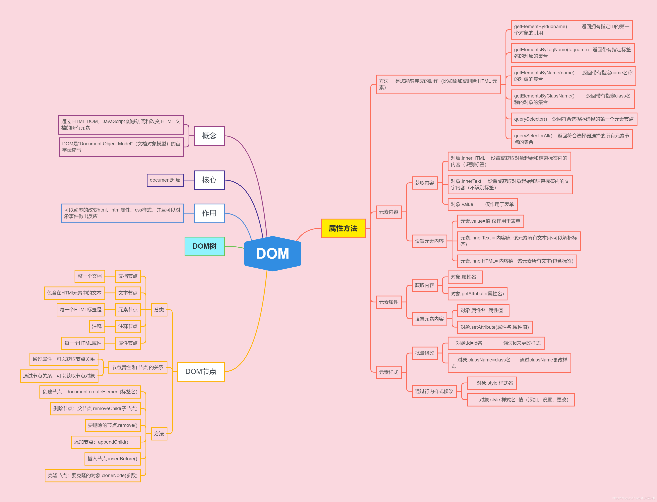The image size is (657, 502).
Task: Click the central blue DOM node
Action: [272, 254]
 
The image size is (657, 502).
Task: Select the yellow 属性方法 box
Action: [343, 228]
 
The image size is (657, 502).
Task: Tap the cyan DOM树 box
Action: [205, 246]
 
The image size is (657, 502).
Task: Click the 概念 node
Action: [209, 136]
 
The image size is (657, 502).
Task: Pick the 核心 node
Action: [209, 180]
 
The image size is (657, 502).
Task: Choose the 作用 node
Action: [209, 213]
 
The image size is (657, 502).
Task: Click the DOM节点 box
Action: [201, 372]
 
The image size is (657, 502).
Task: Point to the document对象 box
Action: [165, 180]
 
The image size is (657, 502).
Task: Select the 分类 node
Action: [159, 310]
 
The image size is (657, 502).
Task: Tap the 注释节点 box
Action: [128, 326]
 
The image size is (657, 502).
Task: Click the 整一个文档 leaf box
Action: [90, 276]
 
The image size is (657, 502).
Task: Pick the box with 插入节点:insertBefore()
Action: [113, 459]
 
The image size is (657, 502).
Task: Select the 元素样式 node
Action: [388, 372]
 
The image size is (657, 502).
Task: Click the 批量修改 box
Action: [424, 353]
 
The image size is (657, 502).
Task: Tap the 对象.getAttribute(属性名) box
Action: [477, 294]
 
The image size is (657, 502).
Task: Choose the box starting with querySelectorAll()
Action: [571, 139]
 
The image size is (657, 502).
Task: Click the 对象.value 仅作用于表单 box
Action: [482, 204]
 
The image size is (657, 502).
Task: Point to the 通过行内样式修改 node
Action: [434, 391]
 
